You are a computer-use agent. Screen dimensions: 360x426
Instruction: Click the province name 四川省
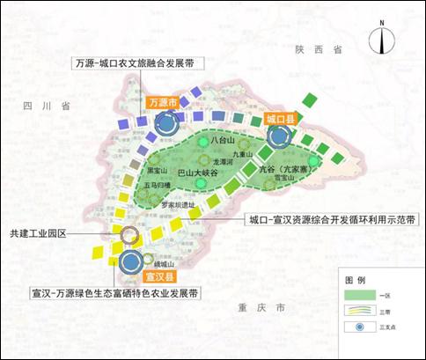click(x=47, y=105)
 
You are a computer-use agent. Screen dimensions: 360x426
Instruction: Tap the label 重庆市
click(x=267, y=310)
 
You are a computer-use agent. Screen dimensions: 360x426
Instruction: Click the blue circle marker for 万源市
click(x=165, y=124)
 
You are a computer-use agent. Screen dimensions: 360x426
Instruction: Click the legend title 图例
click(x=356, y=279)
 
